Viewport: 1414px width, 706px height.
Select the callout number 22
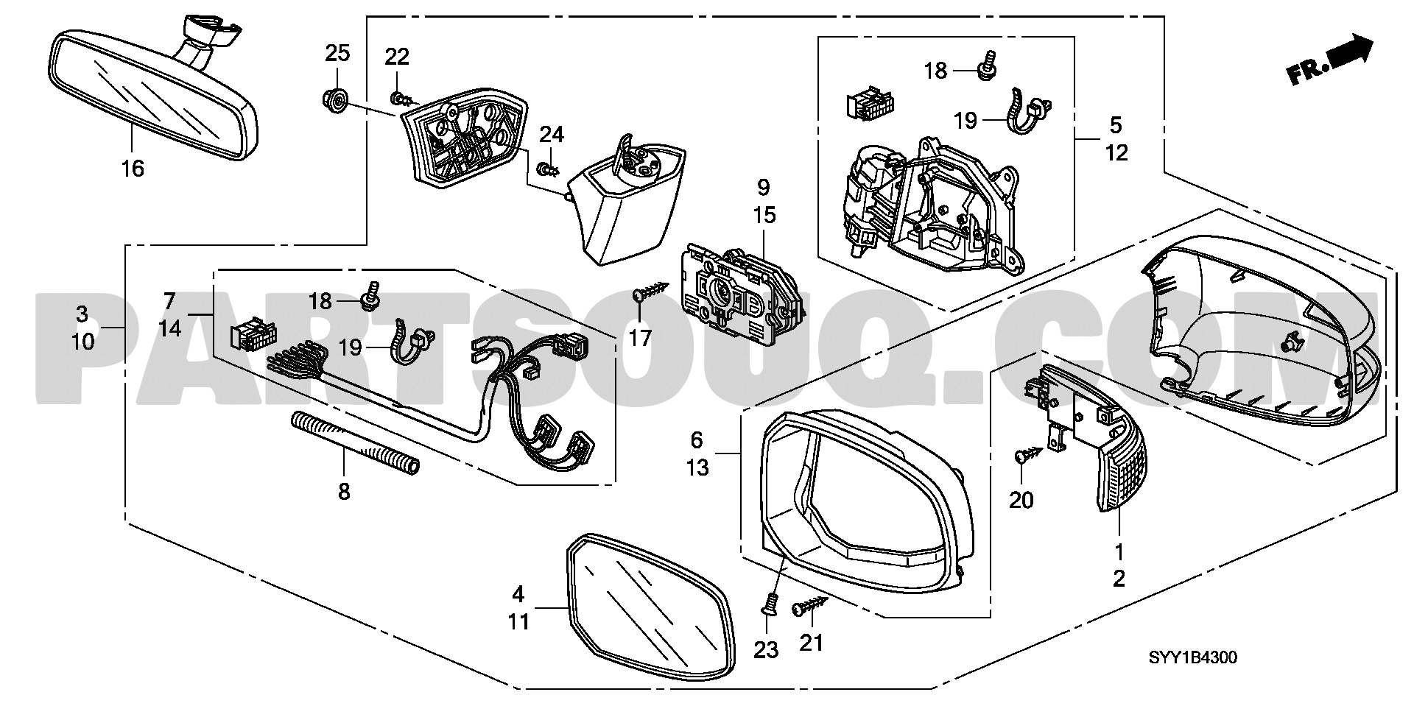(397, 57)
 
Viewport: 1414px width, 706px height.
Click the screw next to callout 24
(547, 171)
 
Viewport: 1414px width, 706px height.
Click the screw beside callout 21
(810, 606)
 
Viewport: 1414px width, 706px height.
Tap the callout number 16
(133, 169)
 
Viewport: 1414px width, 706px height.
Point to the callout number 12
(1116, 153)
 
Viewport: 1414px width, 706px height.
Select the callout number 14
(169, 328)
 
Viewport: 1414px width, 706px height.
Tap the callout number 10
(82, 342)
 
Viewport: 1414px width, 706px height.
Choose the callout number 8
(344, 492)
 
